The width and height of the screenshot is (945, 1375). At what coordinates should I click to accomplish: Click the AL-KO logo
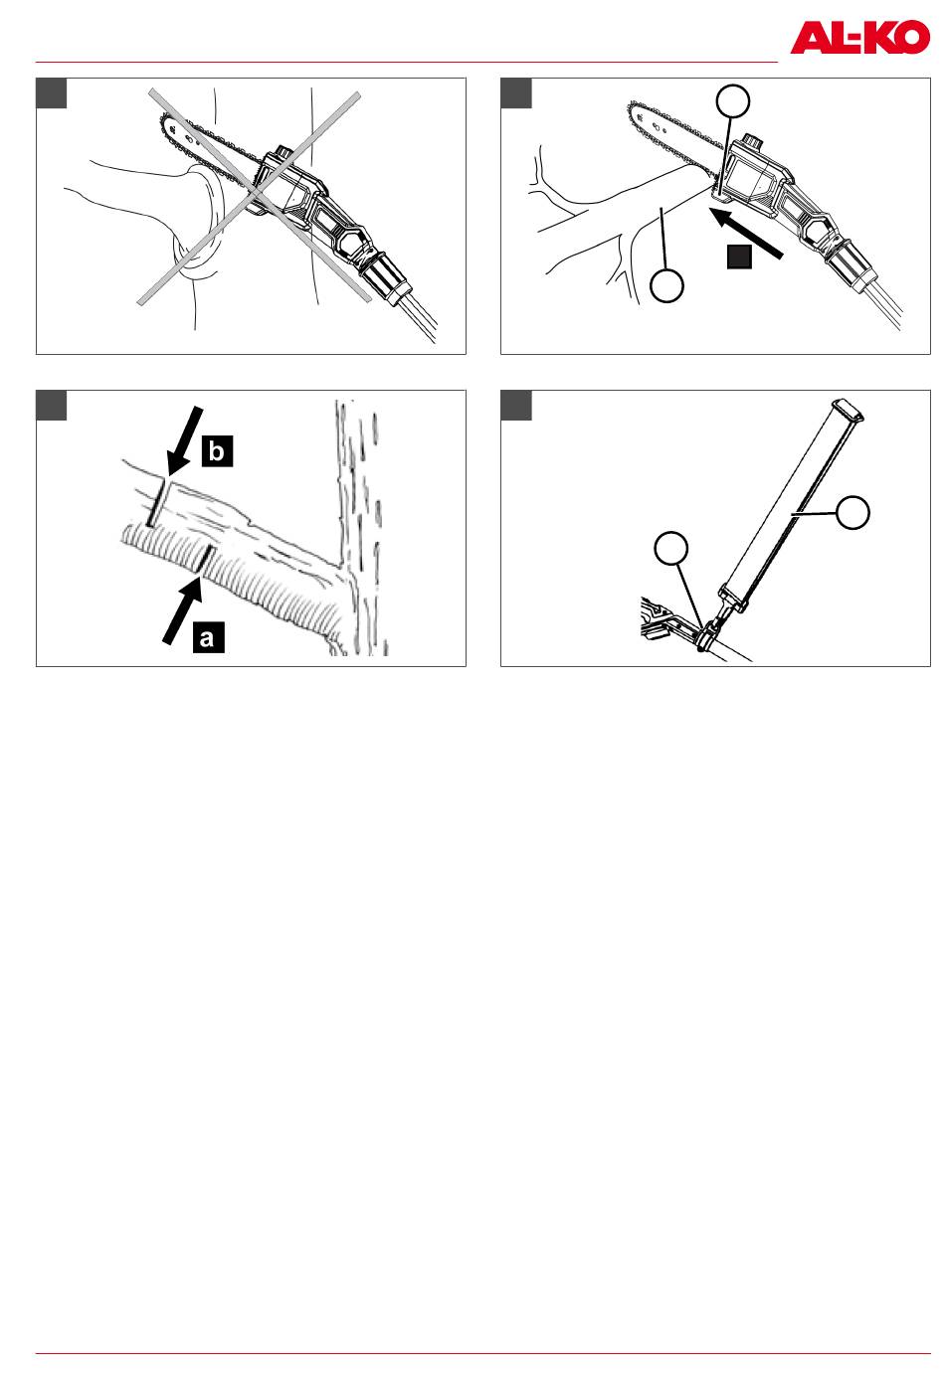(859, 37)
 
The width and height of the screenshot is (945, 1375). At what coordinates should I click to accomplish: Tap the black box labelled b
(217, 451)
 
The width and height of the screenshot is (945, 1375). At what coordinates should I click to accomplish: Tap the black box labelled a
(208, 636)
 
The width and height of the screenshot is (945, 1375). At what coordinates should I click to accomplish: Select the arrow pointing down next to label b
(184, 440)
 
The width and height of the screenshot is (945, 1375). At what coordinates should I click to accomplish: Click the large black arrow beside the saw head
(745, 233)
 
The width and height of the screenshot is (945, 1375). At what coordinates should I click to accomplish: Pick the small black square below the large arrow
(739, 257)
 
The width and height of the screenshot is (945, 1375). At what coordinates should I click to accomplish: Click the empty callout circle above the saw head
(733, 101)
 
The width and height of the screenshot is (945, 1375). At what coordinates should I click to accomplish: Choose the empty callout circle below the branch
(666, 285)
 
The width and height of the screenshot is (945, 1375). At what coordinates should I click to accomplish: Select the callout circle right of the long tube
(852, 513)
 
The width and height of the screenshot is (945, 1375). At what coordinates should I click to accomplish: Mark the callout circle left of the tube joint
(671, 549)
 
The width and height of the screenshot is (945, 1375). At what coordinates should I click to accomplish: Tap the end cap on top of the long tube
(848, 410)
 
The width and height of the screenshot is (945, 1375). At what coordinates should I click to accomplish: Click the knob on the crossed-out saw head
(283, 152)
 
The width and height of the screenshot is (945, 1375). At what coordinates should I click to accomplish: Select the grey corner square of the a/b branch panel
(52, 405)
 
